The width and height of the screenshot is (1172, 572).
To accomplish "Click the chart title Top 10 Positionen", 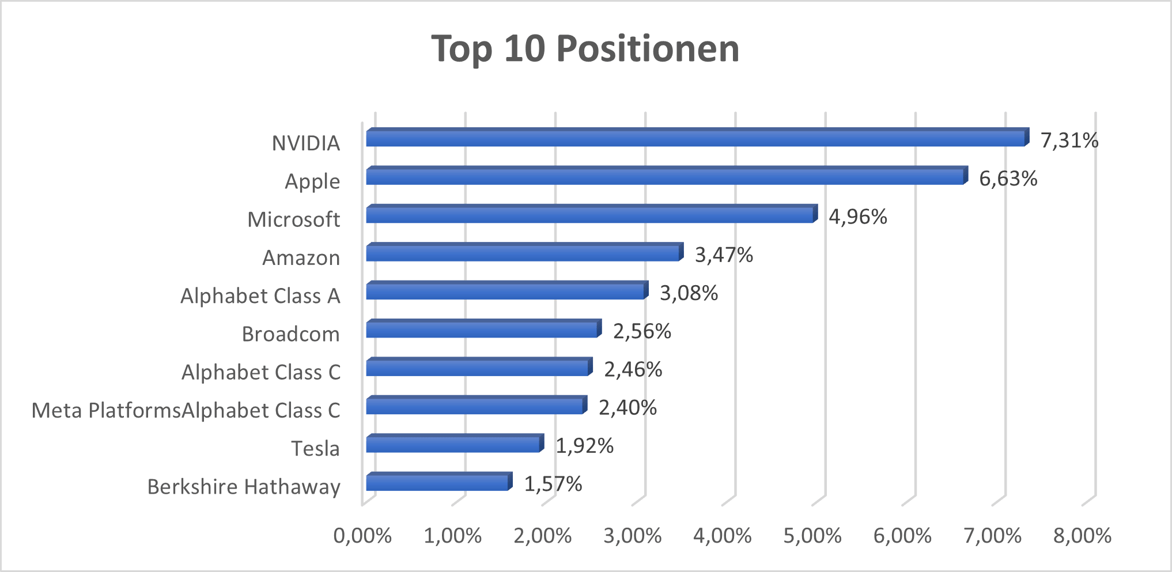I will click(585, 48).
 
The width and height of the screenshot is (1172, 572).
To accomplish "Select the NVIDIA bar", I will click(696, 138).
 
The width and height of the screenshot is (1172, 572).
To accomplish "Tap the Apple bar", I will click(666, 177).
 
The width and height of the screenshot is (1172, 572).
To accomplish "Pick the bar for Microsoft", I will click(591, 215).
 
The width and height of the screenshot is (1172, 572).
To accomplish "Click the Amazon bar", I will click(523, 253).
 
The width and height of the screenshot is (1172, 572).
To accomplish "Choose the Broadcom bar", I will click(482, 329).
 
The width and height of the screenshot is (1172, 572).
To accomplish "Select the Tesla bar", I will click(453, 444).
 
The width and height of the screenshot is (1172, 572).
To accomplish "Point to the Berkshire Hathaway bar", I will click(438, 482).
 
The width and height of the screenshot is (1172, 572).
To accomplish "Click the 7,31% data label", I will click(1069, 141).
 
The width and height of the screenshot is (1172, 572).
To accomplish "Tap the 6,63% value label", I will click(1008, 179).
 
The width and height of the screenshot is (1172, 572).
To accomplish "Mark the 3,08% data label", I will click(689, 293).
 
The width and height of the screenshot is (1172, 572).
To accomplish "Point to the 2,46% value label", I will click(633, 369).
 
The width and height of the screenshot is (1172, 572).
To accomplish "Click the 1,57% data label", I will click(553, 484).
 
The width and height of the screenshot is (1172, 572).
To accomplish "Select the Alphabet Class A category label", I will click(260, 296).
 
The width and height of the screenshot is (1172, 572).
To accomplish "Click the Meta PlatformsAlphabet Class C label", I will click(186, 411).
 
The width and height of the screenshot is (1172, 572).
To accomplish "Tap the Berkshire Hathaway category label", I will click(244, 487).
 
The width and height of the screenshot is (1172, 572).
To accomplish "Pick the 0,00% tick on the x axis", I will click(362, 536).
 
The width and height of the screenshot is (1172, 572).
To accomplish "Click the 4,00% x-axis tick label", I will click(722, 536).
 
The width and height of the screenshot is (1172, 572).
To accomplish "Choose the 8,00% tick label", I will click(1082, 536).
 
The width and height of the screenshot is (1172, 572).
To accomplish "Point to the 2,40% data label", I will click(627, 408).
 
